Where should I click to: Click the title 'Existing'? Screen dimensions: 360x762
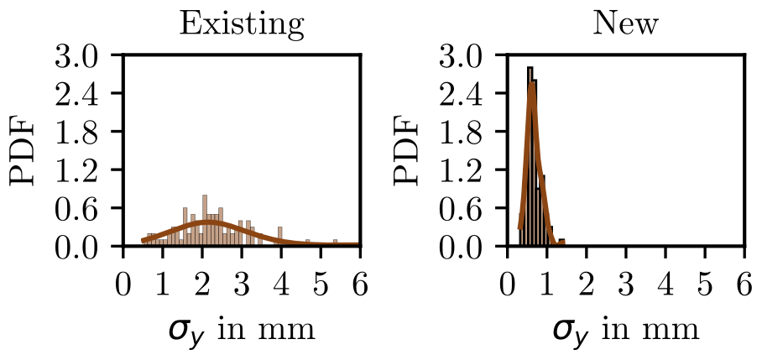pos(242,24)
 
